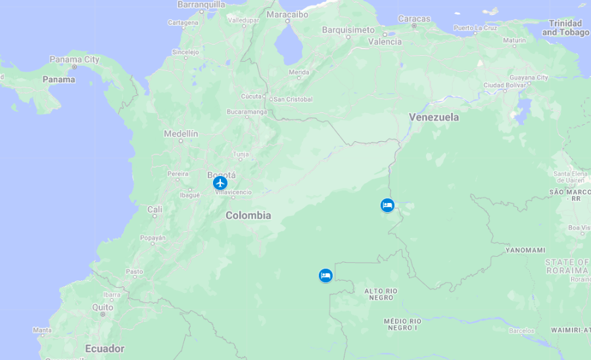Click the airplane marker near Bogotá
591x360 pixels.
pos(220,183)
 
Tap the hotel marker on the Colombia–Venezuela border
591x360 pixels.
pos(387,206)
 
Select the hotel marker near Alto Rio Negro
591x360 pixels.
pos(325,276)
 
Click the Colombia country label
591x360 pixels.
pos(248,215)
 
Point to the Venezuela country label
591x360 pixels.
pos(434,118)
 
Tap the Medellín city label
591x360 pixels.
pos(181,133)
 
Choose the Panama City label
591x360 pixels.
pos(74,60)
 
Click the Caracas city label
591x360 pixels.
pos(414,19)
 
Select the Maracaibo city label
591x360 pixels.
pos(287,14)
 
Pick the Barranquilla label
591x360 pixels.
pos(201,5)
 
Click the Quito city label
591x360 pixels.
pos(103,307)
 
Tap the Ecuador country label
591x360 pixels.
pos(105,349)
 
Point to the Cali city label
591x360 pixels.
pos(154,210)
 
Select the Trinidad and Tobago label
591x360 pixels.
pos(565,28)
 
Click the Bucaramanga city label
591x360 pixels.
pos(247,112)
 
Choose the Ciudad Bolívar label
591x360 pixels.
pos(505,85)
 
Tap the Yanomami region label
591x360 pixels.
pos(525,250)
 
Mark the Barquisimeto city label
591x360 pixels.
pos(348,30)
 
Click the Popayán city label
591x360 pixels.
pos(153,238)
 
